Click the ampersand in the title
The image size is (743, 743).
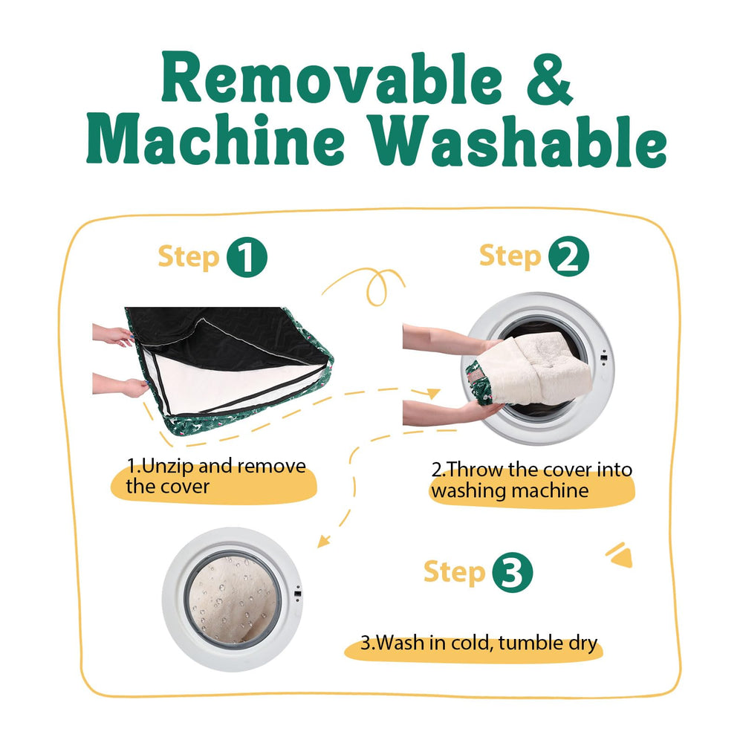[550, 79]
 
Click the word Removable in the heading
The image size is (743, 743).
[331, 78]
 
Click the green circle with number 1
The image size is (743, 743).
[247, 257]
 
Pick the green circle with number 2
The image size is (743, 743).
[568, 256]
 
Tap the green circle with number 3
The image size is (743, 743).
[512, 572]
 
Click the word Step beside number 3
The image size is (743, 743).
[454, 572]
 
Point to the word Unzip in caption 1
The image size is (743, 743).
[168, 467]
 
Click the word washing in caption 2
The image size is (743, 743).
[469, 490]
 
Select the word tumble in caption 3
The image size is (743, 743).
[530, 643]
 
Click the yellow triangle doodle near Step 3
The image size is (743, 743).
[620, 555]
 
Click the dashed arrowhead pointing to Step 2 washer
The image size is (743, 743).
[433, 393]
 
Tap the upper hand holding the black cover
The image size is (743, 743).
[113, 335]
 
